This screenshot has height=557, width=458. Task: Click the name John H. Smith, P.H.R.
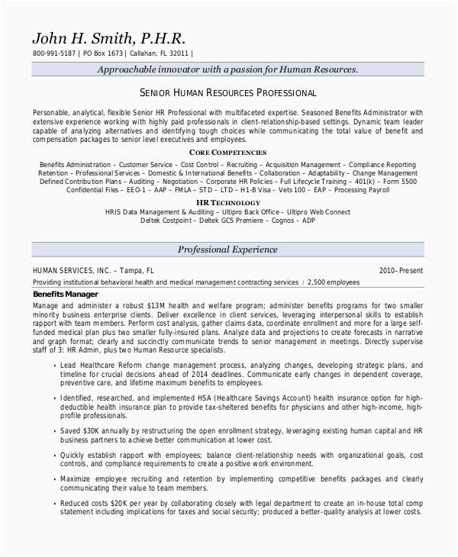[x=109, y=38]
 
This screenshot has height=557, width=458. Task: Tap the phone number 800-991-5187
[x=54, y=54]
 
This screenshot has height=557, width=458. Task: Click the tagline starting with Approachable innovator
[x=228, y=69]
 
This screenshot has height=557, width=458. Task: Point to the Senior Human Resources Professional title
[x=229, y=93]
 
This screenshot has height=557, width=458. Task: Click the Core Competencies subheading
[x=228, y=153]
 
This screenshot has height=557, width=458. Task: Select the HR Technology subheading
[x=228, y=203]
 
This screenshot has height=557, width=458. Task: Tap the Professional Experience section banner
[x=227, y=250]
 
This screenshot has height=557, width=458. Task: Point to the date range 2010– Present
[x=401, y=270]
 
